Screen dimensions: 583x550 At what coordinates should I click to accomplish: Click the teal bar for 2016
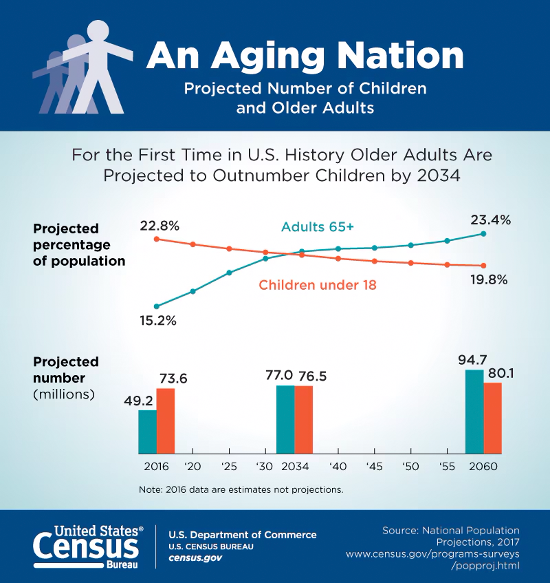(x=147, y=432)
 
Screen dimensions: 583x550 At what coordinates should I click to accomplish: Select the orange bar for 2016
(x=166, y=421)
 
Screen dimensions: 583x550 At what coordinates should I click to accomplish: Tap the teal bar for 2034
(x=285, y=419)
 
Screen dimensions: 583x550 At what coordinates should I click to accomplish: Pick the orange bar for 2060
(x=492, y=418)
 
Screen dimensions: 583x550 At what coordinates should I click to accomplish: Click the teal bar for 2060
(x=474, y=412)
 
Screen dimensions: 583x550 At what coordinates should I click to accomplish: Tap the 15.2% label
(x=157, y=320)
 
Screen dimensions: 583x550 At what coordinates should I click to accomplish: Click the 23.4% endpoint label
(x=490, y=220)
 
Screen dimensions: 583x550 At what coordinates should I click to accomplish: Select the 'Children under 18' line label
(x=317, y=284)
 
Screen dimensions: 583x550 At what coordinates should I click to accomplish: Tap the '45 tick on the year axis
(x=374, y=466)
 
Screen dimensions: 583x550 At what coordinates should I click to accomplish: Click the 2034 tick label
(x=294, y=466)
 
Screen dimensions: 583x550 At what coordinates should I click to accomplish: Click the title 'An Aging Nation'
(x=305, y=55)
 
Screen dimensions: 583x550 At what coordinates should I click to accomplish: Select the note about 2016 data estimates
(x=241, y=490)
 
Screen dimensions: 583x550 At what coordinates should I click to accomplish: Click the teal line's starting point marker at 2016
(x=157, y=306)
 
